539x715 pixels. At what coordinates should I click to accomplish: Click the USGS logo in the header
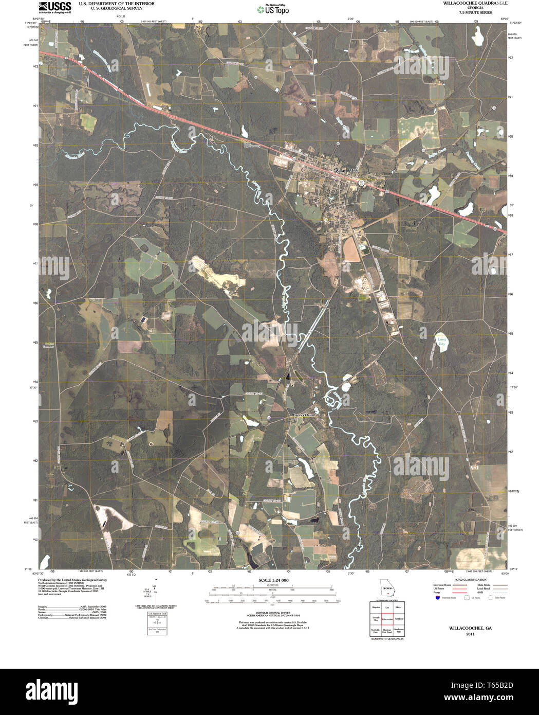(54, 7)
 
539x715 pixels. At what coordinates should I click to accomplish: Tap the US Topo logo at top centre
(273, 9)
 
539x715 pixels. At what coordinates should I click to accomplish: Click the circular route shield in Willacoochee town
(362, 183)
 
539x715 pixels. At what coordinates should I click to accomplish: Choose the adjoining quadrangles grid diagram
(386, 619)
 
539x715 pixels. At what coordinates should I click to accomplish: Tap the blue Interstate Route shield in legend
(437, 598)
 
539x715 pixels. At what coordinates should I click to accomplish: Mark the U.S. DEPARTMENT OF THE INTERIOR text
(109, 3)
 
